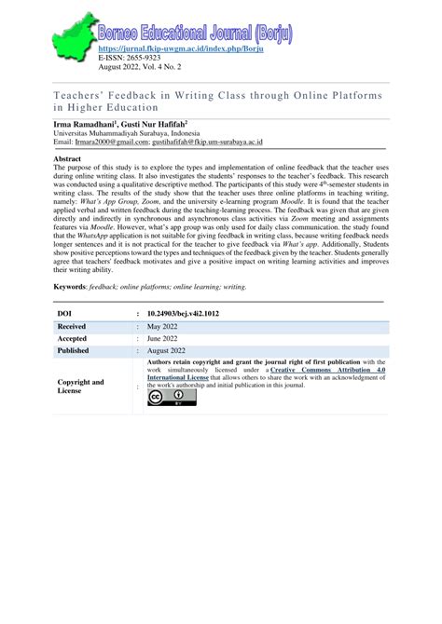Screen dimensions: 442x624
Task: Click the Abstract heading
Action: [x=69, y=160]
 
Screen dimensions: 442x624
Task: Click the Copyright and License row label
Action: [x=81, y=386]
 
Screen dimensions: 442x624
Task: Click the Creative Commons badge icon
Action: [x=171, y=398]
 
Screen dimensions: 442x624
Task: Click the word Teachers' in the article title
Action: [x=83, y=95]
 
